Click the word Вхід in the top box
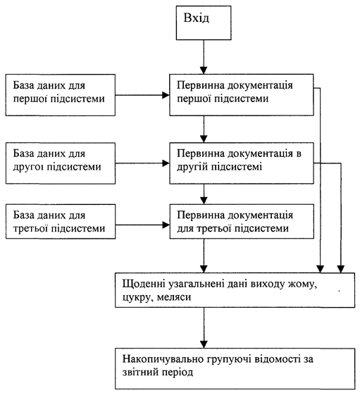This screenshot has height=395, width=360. click(197, 18)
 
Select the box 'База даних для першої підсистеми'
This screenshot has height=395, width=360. click(61, 95)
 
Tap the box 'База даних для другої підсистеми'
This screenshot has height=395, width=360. click(61, 163)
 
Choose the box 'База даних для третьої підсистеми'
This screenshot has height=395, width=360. click(61, 221)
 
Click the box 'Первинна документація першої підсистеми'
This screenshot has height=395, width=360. click(242, 95)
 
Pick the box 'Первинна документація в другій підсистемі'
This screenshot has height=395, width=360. click(242, 163)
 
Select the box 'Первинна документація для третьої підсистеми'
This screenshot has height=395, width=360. click(242, 221)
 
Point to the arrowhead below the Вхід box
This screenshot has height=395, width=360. click(204, 70)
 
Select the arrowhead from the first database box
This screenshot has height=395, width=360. click(166, 95)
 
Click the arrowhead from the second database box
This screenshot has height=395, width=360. click(166, 163)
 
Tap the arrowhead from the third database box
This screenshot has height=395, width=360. click(166, 225)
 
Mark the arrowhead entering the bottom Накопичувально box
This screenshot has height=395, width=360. click(204, 344)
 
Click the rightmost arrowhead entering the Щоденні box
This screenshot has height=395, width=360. click(341, 269)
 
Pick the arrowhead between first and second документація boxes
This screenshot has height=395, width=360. click(204, 139)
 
